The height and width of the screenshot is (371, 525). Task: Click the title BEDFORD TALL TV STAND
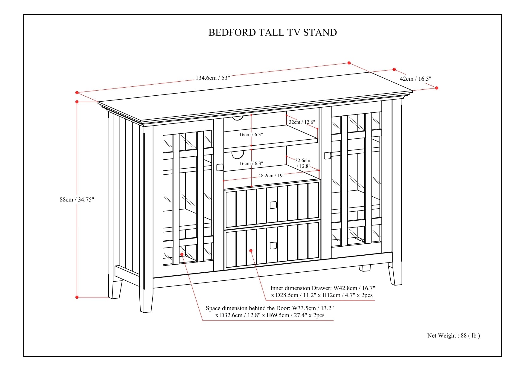click(273, 32)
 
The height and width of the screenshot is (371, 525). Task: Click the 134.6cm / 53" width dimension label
click(213, 78)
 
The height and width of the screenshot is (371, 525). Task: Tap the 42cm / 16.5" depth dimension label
click(415, 79)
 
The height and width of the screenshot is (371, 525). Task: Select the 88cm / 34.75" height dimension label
click(77, 200)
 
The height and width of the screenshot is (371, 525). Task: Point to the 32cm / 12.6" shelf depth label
click(302, 122)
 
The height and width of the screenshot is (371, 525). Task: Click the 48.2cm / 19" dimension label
click(271, 175)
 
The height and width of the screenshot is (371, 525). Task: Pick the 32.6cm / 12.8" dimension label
click(303, 163)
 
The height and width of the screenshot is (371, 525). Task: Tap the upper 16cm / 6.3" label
click(251, 135)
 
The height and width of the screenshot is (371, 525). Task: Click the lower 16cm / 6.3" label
click(251, 164)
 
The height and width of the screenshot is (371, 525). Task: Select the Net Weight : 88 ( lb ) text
click(454, 335)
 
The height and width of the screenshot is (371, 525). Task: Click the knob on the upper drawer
click(273, 205)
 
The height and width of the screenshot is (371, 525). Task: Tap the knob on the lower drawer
click(273, 245)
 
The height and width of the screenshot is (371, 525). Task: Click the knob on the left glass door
click(220, 167)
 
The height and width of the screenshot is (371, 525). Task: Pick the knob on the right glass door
click(327, 156)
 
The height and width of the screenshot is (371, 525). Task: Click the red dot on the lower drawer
click(251, 251)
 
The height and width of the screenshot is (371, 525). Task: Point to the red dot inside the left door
click(182, 254)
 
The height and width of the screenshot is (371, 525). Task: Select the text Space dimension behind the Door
click(248, 308)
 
